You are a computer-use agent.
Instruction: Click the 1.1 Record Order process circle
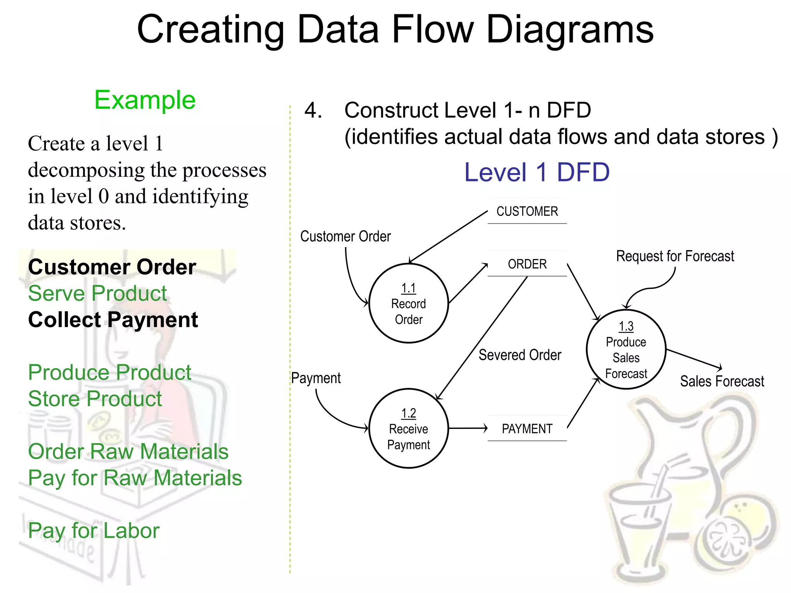pos(409,303)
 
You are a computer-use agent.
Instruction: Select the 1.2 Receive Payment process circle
pos(409,429)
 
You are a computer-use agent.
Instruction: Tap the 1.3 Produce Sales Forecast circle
pos(626,349)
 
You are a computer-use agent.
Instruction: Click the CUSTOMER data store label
pos(527,211)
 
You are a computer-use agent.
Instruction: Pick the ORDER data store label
pos(527,264)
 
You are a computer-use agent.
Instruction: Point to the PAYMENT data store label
pos(527,429)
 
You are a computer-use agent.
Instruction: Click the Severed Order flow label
pos(520,355)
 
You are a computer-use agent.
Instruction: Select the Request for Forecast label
pos(675,256)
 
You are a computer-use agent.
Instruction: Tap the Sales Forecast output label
pos(722,381)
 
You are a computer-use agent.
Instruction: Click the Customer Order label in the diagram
pos(345,236)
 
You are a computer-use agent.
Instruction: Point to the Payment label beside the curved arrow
pos(316,378)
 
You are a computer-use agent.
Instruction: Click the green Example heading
pos(145,100)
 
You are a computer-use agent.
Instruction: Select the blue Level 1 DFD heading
pos(537,172)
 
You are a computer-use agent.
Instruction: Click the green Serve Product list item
pos(97,293)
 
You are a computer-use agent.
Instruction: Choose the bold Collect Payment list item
pos(113,320)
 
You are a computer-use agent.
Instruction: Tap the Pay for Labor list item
pos(93,530)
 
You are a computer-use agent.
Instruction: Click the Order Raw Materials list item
pos(128,451)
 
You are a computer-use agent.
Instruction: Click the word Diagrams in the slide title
pos(570,30)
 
